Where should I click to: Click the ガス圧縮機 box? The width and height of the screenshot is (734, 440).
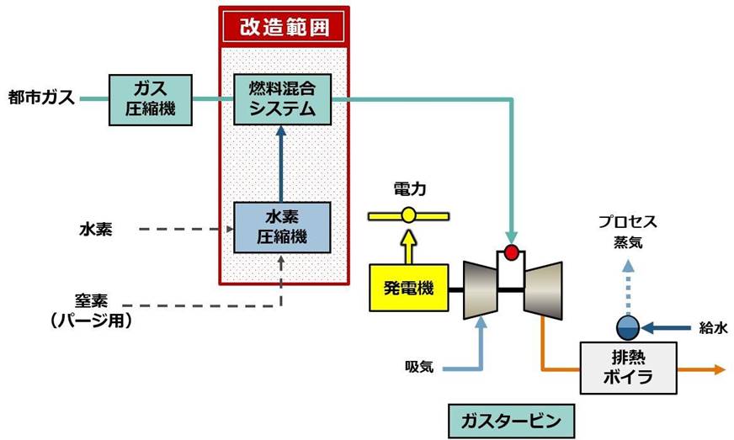click(151, 100)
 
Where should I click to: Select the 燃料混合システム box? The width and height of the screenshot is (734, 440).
click(282, 99)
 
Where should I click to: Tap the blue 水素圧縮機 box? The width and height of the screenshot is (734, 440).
click(282, 227)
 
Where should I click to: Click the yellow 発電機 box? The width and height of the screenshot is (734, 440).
click(409, 288)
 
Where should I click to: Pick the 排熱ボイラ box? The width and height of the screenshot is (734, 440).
click(628, 368)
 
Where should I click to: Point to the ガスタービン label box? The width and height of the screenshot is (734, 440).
click(511, 421)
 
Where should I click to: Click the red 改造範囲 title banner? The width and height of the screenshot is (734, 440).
click(285, 27)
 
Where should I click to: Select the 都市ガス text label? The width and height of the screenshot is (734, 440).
click(41, 98)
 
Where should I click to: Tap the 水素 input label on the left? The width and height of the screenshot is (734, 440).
click(96, 230)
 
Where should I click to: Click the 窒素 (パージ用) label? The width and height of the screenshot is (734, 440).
click(92, 310)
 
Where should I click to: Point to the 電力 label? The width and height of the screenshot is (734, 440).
click(410, 189)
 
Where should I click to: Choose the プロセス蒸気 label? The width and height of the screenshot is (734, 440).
click(628, 231)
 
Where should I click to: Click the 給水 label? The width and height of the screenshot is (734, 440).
click(714, 328)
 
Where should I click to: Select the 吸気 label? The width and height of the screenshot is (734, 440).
click(419, 367)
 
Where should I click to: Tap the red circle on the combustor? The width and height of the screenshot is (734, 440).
click(511, 252)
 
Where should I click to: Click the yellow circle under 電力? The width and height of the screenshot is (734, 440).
click(408, 215)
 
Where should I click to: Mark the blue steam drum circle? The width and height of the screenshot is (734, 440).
click(628, 327)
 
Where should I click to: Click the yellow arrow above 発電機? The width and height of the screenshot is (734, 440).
click(409, 247)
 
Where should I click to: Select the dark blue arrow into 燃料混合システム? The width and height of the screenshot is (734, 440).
click(281, 164)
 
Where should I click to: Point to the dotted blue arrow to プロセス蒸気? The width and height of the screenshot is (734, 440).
click(628, 289)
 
